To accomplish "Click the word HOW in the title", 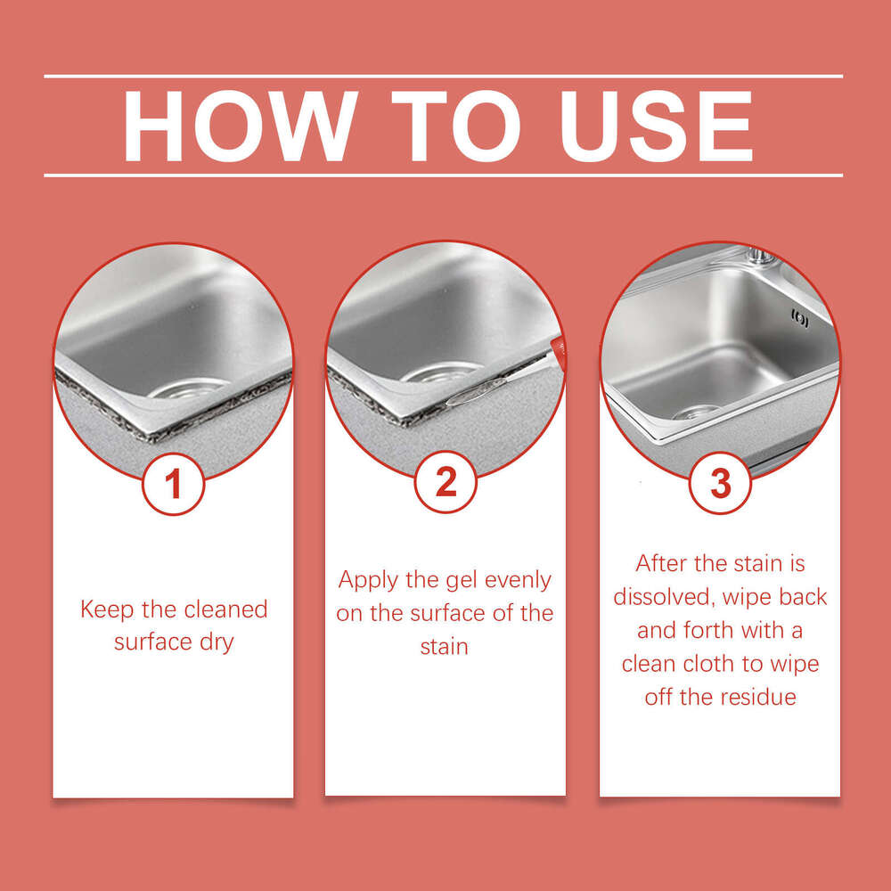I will click(x=239, y=126).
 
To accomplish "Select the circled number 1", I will click(x=174, y=484).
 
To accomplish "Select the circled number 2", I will click(x=445, y=482).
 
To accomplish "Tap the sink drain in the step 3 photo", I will click(x=698, y=412).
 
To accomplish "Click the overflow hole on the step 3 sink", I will click(x=799, y=318).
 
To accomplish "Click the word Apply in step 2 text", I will click(x=367, y=581).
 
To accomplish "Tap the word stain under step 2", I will click(x=444, y=646).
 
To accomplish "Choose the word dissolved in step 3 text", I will click(x=661, y=597).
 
